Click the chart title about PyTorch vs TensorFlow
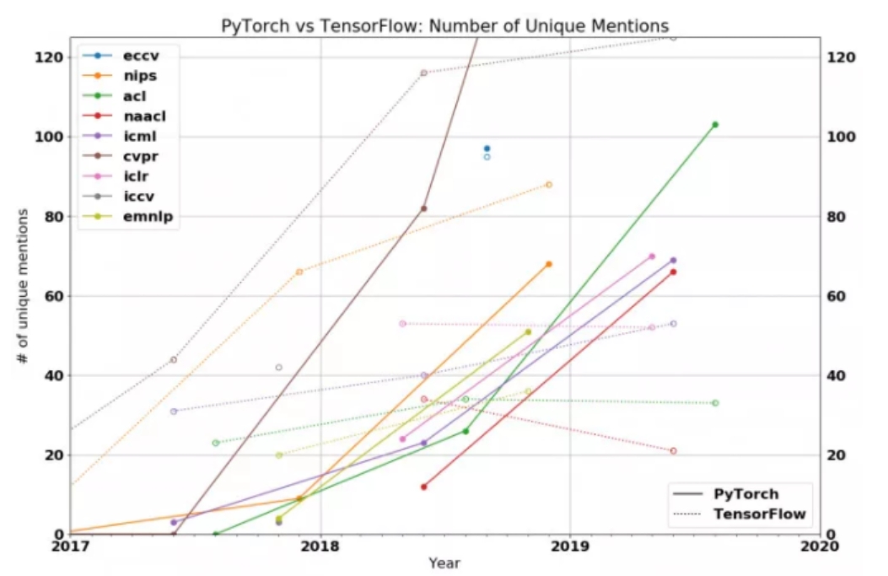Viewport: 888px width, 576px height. (444, 24)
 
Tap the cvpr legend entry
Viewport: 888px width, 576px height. (140, 157)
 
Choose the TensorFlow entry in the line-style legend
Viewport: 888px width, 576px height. (759, 514)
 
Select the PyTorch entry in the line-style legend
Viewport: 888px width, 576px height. (745, 494)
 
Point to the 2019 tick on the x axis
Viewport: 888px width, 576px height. (570, 546)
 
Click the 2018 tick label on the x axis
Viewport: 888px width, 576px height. (320, 546)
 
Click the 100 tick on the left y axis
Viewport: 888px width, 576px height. (51, 137)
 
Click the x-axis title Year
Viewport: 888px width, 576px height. (444, 563)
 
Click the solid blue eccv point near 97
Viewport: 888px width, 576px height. (487, 148)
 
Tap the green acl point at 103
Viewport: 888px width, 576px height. (715, 125)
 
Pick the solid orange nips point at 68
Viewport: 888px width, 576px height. (549, 264)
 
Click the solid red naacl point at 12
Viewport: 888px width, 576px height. (423, 487)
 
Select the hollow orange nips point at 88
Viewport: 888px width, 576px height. (549, 185)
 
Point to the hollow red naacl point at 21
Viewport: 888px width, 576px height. (673, 451)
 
